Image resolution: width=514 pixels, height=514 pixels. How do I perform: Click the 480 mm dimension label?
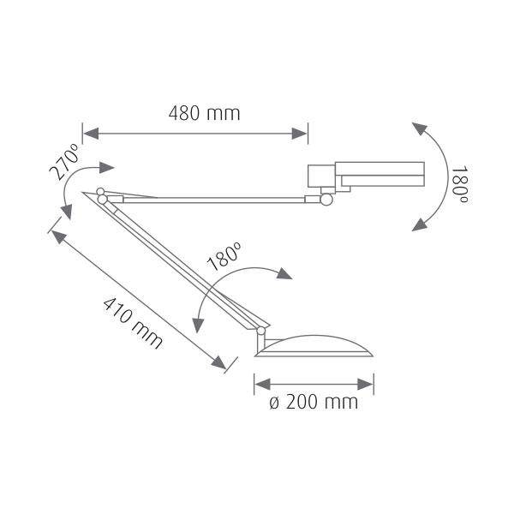pyautogui.click(x=204, y=113)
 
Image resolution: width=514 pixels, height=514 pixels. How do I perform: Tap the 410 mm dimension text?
pyautogui.click(x=133, y=323)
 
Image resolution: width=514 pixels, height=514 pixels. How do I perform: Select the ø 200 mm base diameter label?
pyautogui.click(x=314, y=403)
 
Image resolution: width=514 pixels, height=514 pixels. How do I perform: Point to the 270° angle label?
pyautogui.click(x=64, y=162)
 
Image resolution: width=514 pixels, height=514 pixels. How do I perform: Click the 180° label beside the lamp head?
pyautogui.click(x=459, y=186)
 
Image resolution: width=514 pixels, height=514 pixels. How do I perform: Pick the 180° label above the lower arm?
pyautogui.click(x=224, y=256)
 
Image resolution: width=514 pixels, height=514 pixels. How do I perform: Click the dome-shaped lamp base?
pyautogui.click(x=314, y=346)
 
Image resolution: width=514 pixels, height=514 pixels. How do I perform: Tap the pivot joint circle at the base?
pyautogui.click(x=261, y=331)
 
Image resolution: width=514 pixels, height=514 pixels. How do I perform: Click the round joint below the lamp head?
pyautogui.click(x=326, y=200)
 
